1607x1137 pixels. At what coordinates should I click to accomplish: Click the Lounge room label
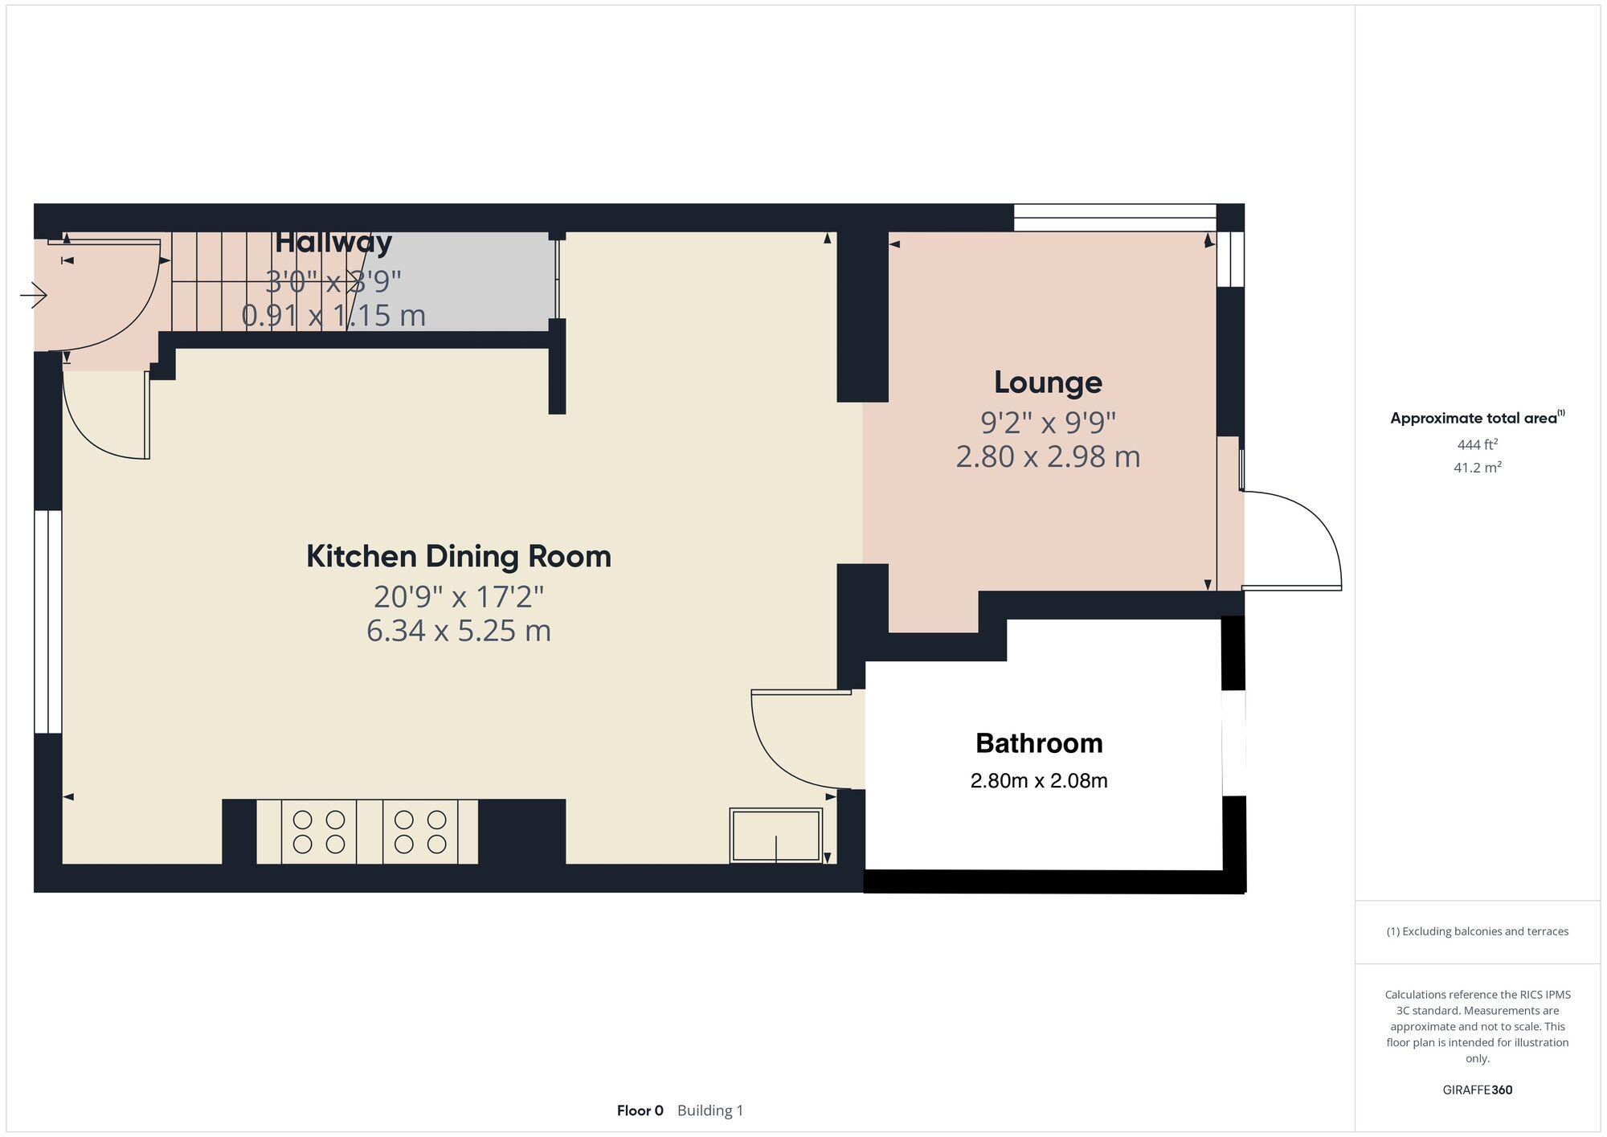[1048, 382]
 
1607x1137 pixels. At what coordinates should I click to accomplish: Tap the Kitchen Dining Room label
[458, 556]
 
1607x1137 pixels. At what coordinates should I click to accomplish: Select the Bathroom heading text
[1039, 743]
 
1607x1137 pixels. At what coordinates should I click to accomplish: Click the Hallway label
[333, 242]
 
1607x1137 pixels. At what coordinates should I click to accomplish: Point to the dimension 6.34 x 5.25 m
[458, 631]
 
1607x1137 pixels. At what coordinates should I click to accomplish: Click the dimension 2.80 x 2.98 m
[1048, 456]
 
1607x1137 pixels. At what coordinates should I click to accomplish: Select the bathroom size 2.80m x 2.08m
[1039, 780]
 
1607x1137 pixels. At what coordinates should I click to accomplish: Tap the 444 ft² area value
[1477, 444]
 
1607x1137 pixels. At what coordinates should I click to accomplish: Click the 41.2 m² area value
[1477, 467]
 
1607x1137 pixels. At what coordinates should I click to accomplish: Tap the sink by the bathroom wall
[775, 836]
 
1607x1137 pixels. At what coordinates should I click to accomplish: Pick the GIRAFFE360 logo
[1477, 1090]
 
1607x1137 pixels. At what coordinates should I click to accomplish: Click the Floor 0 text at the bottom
[640, 1110]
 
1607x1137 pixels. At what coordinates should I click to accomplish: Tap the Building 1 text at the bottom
[710, 1110]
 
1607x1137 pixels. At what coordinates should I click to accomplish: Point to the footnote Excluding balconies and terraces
[1477, 931]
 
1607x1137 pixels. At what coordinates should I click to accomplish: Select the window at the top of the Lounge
[1114, 217]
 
